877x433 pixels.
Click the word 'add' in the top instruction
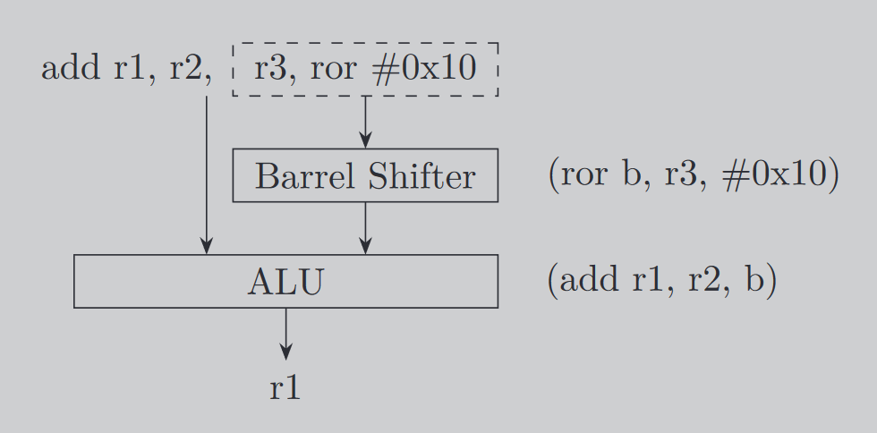pos(72,69)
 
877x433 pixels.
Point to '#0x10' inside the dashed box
pos(423,69)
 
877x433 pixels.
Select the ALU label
pos(285,282)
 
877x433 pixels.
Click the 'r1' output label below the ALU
pos(285,388)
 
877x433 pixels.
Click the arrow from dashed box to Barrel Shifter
pos(365,122)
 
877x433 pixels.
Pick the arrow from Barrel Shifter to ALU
pos(365,228)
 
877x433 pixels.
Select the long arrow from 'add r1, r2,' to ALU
pos(207,174)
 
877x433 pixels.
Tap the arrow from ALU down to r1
pos(285,335)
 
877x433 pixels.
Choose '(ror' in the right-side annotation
pos(579,174)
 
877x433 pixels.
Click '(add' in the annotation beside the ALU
pos(583,281)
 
